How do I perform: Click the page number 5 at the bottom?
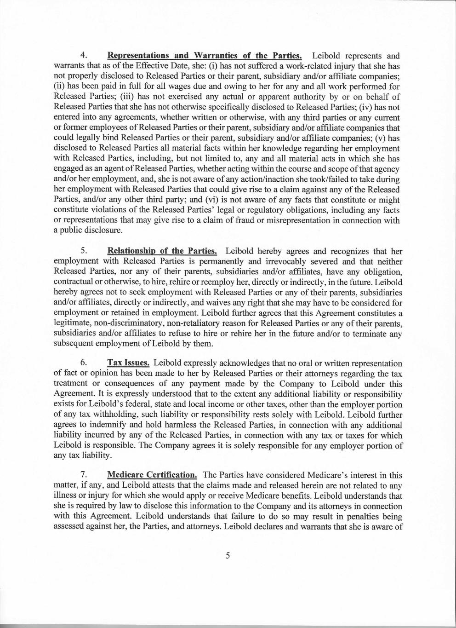pos(228,555)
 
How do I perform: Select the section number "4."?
pos(84,56)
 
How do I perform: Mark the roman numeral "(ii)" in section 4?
pos(60,86)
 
